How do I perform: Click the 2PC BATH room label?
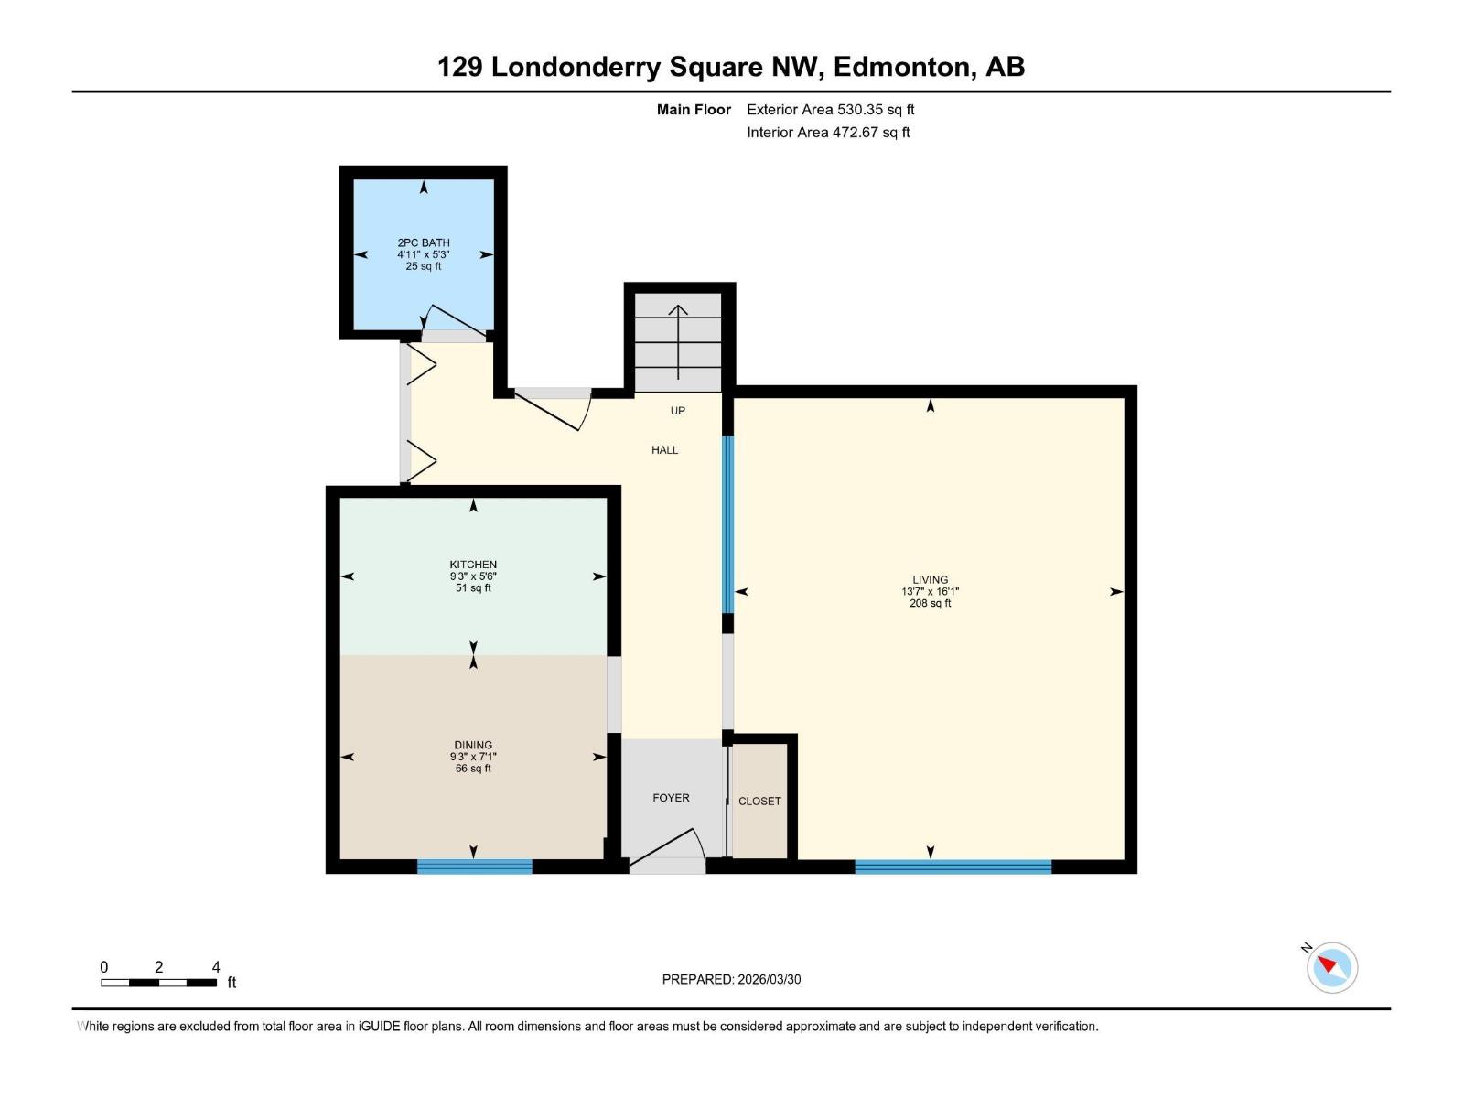point(424,242)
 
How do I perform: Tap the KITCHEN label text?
point(473,565)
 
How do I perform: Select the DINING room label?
point(473,745)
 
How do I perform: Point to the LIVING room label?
point(930,579)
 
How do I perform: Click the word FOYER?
point(671,798)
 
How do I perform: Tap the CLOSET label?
point(759,801)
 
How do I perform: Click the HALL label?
point(665,449)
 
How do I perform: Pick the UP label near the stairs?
point(677,410)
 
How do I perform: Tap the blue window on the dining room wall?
point(474,867)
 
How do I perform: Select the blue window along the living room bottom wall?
point(953,867)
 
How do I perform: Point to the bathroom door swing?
point(455,320)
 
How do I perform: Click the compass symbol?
point(1331,967)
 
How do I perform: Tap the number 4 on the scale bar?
point(216,967)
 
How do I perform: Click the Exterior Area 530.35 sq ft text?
point(830,109)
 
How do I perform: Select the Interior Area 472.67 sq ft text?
point(828,132)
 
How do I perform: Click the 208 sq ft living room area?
point(930,603)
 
